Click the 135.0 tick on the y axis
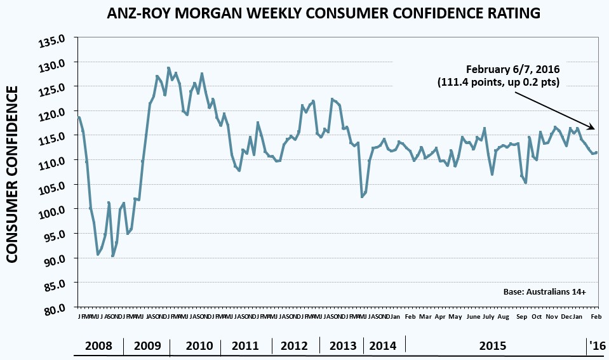point(54,43)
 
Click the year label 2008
point(98,346)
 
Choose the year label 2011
point(245,346)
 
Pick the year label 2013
point(343,346)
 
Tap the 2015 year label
point(493,346)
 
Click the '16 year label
point(597,346)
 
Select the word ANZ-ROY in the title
point(131,13)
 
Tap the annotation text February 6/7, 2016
point(512,69)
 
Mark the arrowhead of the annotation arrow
point(594,129)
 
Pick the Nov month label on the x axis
point(551,316)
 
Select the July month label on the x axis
point(488,316)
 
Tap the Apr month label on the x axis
point(440,316)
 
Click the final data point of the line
point(596,152)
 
